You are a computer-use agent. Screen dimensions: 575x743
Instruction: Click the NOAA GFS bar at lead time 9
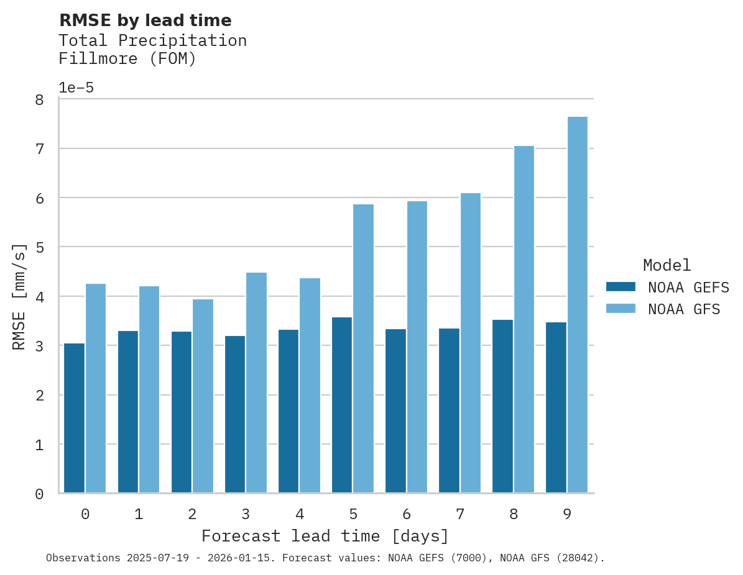(577, 305)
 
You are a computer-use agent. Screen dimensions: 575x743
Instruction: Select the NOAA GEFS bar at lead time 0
(74, 418)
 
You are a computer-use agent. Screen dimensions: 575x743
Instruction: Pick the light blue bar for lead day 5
(363, 348)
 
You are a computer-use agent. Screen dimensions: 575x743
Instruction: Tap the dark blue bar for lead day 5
(342, 405)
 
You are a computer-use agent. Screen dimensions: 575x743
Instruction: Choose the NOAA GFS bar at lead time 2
(203, 396)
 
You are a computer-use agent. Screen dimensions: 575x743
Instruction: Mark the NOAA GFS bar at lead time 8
(524, 319)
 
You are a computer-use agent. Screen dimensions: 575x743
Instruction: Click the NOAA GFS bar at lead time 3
(256, 383)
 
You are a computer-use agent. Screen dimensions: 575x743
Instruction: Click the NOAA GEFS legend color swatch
(621, 287)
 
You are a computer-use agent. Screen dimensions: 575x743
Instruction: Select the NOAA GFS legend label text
(684, 309)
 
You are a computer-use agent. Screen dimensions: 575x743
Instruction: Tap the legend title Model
(667, 266)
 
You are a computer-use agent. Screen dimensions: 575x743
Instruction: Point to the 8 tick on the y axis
(39, 100)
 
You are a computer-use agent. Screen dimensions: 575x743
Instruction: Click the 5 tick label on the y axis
(39, 248)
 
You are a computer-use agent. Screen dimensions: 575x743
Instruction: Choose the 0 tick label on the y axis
(39, 494)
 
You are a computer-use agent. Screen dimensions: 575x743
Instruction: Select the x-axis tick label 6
(407, 514)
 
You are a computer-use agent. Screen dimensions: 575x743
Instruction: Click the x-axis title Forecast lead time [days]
(325, 536)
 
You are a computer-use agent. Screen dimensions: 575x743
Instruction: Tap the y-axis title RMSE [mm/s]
(20, 296)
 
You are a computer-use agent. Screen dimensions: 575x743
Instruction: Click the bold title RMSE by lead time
(145, 20)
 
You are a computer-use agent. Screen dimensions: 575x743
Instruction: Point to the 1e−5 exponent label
(76, 88)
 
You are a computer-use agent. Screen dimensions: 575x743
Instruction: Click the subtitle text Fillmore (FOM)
(127, 59)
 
